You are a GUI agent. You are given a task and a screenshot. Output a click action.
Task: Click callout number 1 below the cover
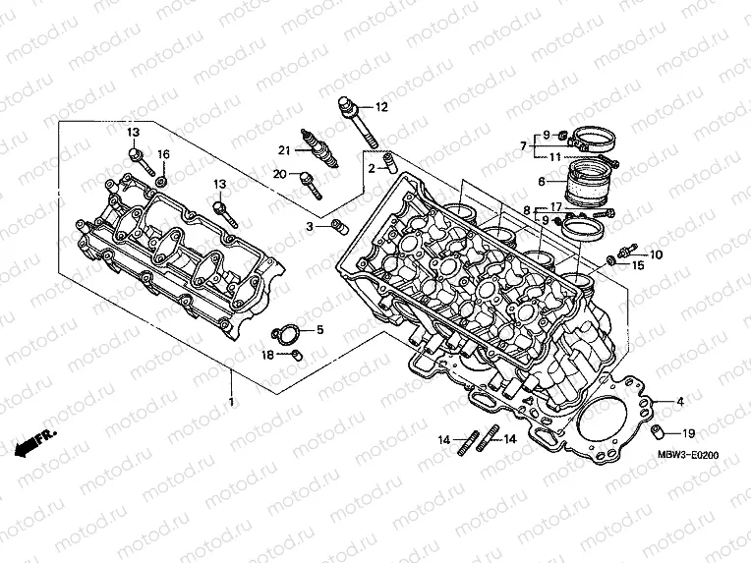coord(232,403)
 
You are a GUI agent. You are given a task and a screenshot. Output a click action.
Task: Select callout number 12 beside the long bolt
coord(381,106)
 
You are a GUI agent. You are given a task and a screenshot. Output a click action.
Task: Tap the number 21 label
coord(284,150)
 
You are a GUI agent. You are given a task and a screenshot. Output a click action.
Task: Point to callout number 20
coord(281,174)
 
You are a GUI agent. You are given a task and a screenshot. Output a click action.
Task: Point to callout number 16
coord(164,154)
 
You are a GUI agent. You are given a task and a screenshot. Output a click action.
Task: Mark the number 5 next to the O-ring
coord(318,329)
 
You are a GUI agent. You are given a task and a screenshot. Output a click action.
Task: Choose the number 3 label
coord(309,227)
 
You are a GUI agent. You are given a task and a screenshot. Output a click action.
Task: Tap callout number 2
coord(373,168)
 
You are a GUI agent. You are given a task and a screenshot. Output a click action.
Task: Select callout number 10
coord(657,254)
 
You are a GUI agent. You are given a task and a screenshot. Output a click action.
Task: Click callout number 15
coord(637,265)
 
